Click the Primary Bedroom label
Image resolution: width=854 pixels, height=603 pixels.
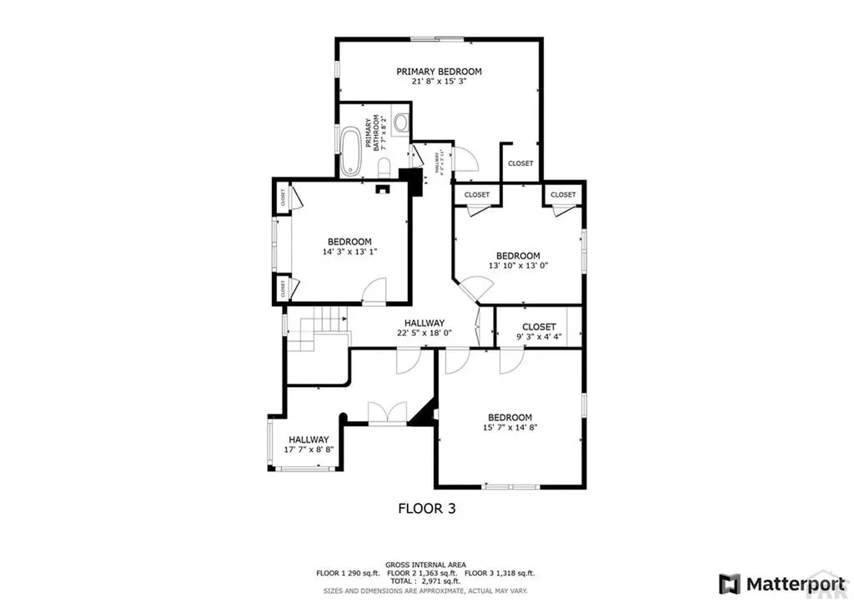tap(439, 72)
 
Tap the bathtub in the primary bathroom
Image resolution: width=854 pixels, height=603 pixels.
tap(349, 149)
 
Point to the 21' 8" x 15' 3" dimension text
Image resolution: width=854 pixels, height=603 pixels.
tap(439, 83)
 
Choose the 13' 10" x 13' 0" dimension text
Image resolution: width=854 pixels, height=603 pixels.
tap(518, 267)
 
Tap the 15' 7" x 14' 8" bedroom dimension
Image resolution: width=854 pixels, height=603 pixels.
tap(510, 428)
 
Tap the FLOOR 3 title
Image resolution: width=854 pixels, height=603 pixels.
tap(426, 507)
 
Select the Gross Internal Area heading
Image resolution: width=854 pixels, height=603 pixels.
tap(425, 565)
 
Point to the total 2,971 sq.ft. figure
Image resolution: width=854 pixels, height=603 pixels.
tap(425, 582)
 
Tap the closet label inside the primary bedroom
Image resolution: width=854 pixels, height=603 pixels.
tap(520, 163)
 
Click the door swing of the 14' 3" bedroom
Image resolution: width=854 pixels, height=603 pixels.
tap(374, 291)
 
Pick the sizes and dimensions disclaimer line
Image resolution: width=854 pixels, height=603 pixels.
tap(425, 590)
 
